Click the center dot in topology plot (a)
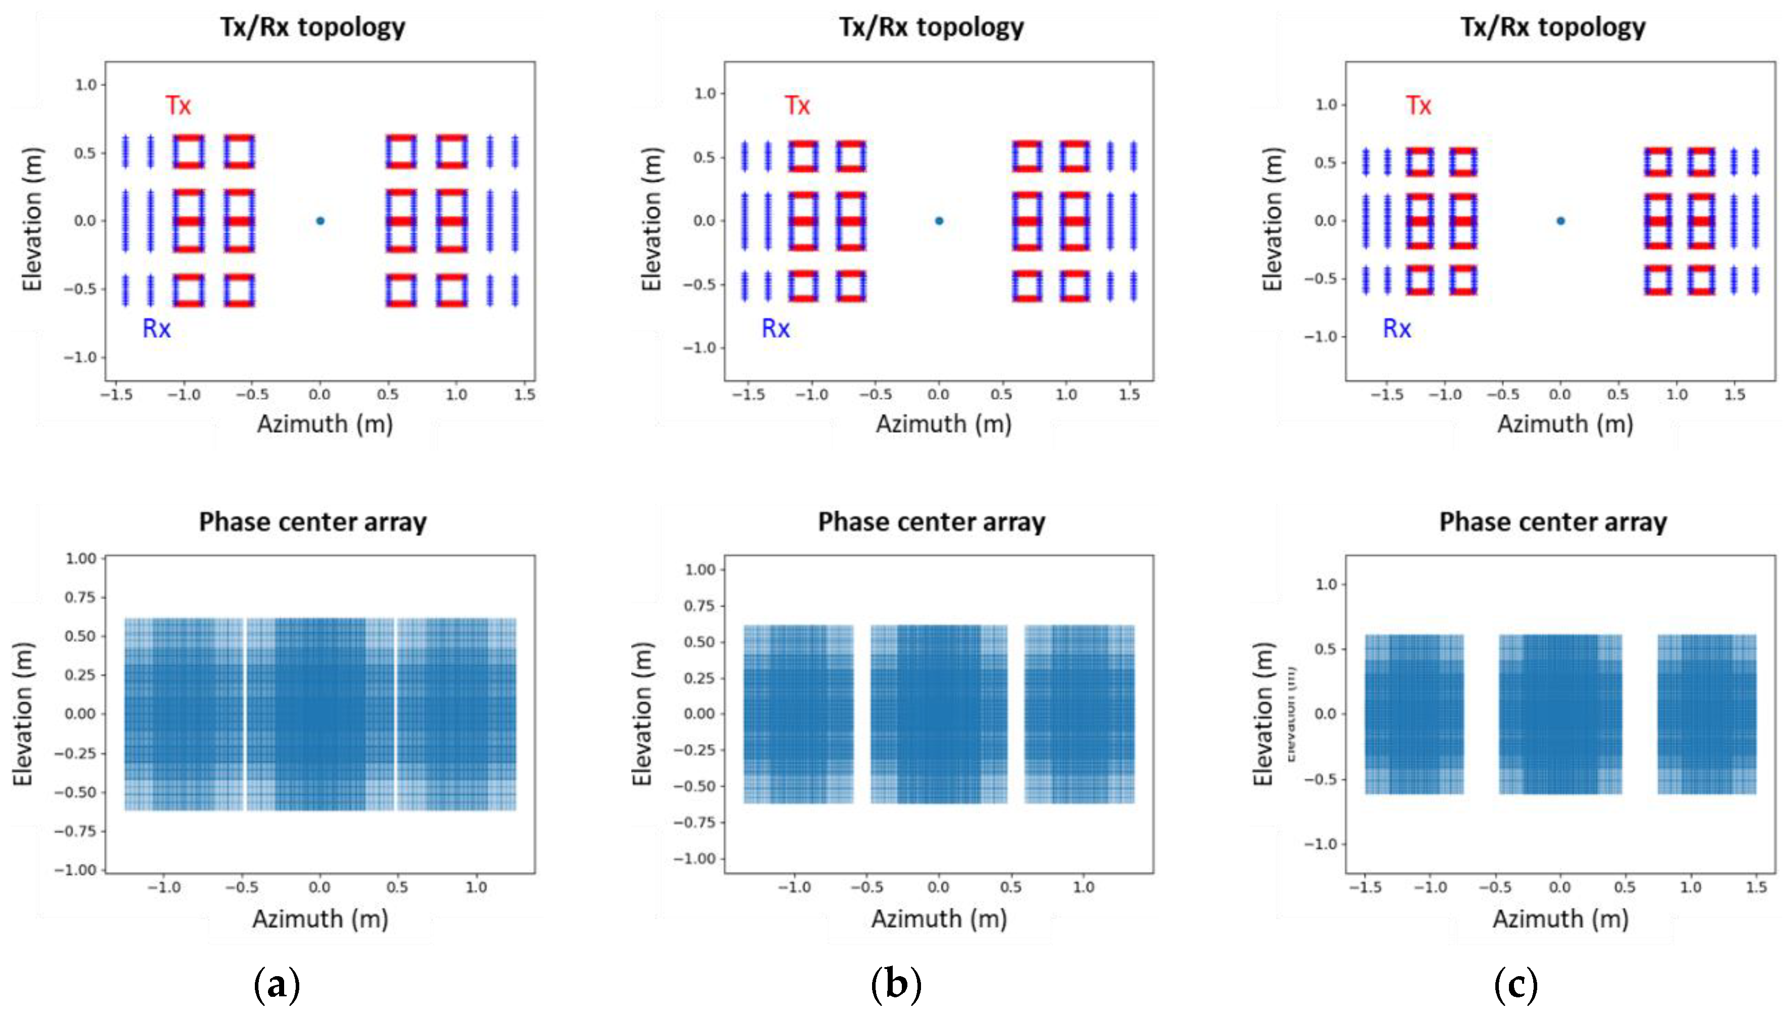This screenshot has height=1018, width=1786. [x=319, y=221]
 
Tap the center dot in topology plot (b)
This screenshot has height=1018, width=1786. [x=939, y=221]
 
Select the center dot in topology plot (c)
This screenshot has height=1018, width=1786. [x=1560, y=221]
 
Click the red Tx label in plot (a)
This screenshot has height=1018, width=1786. [x=178, y=105]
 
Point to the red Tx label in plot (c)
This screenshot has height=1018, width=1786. [x=1418, y=105]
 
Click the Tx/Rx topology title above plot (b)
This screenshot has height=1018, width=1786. [x=931, y=27]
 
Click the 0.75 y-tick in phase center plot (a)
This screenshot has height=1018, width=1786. [x=80, y=597]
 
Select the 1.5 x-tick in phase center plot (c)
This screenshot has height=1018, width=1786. [x=1756, y=887]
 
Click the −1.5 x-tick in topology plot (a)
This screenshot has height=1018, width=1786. [x=116, y=394]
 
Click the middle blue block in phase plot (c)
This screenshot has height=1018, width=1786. [x=1560, y=714]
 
